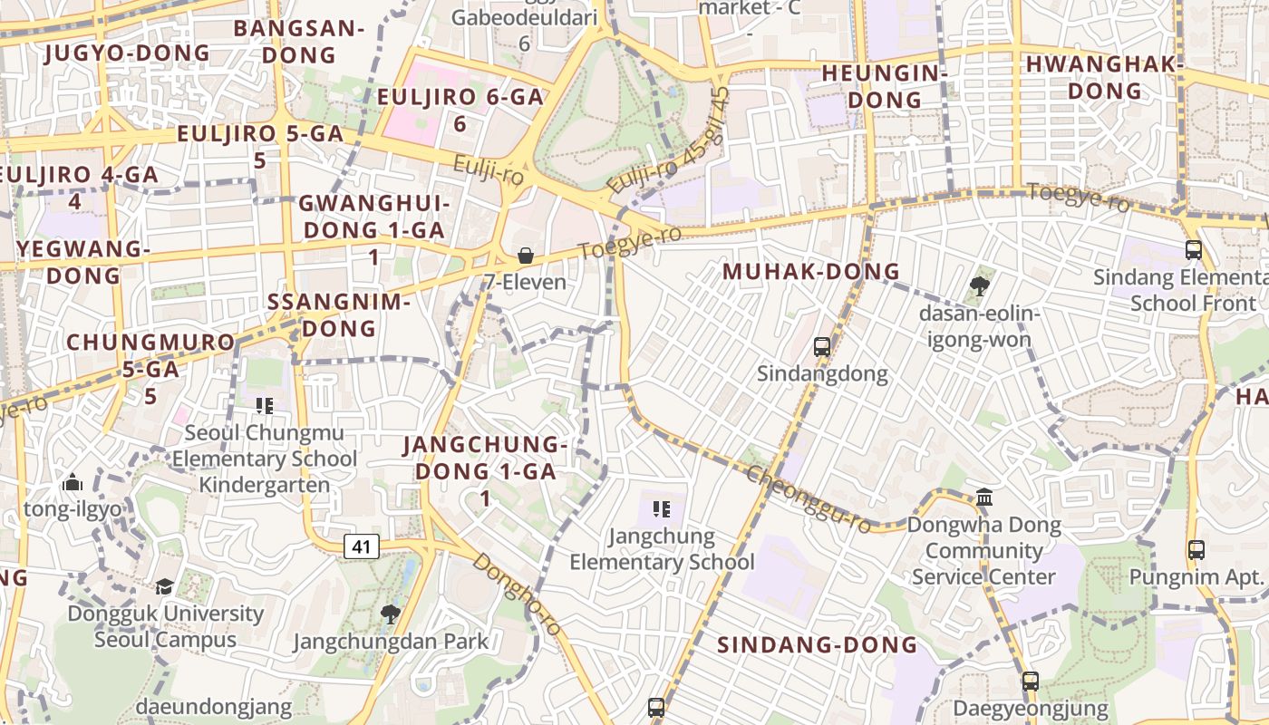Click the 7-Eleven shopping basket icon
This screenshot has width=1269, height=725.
pyautogui.click(x=525, y=256)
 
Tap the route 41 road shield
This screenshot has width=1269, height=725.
pyautogui.click(x=362, y=546)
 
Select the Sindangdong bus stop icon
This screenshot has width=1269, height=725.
pyautogui.click(x=822, y=346)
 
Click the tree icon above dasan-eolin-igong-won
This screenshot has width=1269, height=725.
pyautogui.click(x=978, y=286)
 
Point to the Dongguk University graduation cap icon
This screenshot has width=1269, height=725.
pyautogui.click(x=164, y=586)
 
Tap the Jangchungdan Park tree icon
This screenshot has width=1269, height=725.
pyautogui.click(x=390, y=614)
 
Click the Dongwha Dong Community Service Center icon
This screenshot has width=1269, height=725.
pyautogui.click(x=984, y=497)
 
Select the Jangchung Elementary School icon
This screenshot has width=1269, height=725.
pyautogui.click(x=662, y=509)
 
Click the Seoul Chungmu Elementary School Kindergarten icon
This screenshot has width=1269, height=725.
pyautogui.click(x=265, y=405)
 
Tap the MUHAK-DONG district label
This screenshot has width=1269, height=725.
pyautogui.click(x=810, y=271)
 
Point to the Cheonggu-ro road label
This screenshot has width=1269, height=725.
pyautogui.click(x=809, y=499)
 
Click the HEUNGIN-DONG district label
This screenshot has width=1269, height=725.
pyautogui.click(x=884, y=86)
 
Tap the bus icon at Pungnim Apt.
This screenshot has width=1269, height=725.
pyautogui.click(x=1196, y=549)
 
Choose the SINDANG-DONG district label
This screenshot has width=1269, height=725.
pyautogui.click(x=817, y=645)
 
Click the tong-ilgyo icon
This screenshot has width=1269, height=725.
pyautogui.click(x=73, y=483)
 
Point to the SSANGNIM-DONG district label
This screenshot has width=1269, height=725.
pyautogui.click(x=339, y=314)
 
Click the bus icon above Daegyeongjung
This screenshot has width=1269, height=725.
pyautogui.click(x=1031, y=681)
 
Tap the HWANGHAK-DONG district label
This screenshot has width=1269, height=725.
pyautogui.click(x=1104, y=77)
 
